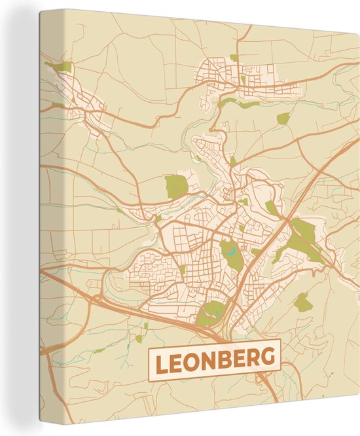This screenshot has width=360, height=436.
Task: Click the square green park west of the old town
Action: (x=175, y=186)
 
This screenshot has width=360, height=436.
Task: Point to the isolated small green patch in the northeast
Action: (x=283, y=118)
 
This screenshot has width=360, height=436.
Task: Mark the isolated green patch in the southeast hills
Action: (x=302, y=302)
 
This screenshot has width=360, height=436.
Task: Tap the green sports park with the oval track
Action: (x=211, y=313)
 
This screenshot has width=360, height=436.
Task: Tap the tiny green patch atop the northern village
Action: (x=234, y=58)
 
